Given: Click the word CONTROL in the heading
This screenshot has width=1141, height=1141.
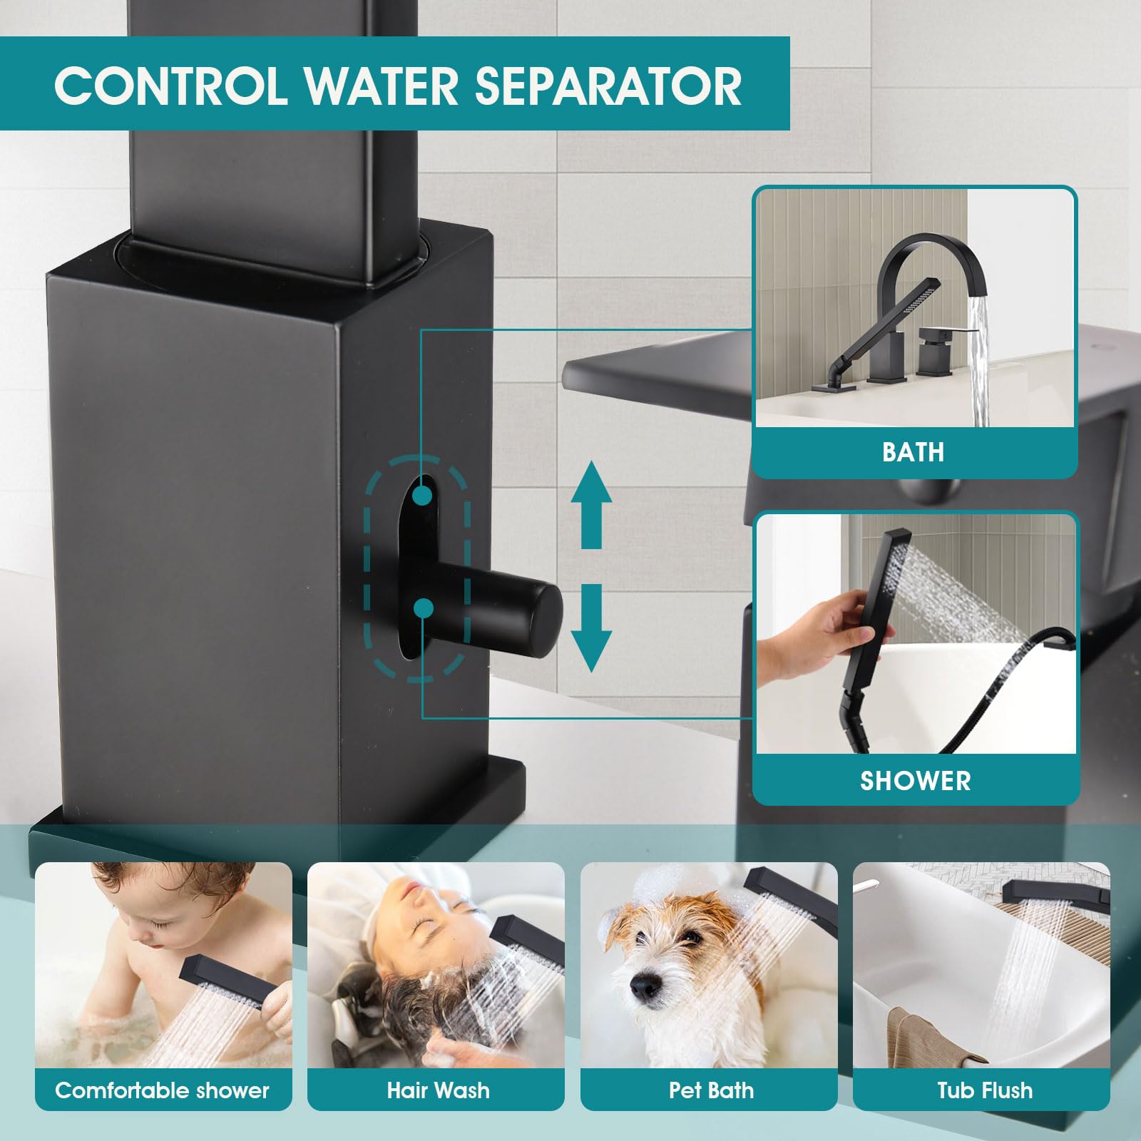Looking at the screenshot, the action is click(x=171, y=86).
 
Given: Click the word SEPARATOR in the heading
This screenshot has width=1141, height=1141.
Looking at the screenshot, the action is click(x=608, y=86).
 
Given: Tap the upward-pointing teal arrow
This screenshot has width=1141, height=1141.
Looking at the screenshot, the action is click(x=591, y=504).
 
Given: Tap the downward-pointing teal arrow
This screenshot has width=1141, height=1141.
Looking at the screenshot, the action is click(x=591, y=628).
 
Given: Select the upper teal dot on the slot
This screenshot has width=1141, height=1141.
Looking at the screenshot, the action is click(x=422, y=495).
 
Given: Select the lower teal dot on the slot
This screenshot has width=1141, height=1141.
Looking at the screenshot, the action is click(x=424, y=608).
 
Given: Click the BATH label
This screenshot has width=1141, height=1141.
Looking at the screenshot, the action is click(x=913, y=452).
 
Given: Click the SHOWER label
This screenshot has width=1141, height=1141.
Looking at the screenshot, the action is click(x=916, y=781).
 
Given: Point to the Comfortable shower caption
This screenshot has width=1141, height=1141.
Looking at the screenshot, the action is click(x=163, y=1090).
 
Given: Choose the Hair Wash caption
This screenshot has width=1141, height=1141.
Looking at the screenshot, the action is click(x=438, y=1090).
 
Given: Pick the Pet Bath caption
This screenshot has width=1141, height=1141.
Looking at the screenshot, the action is click(x=711, y=1090).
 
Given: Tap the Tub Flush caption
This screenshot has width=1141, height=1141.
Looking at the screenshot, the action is click(x=985, y=1090).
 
